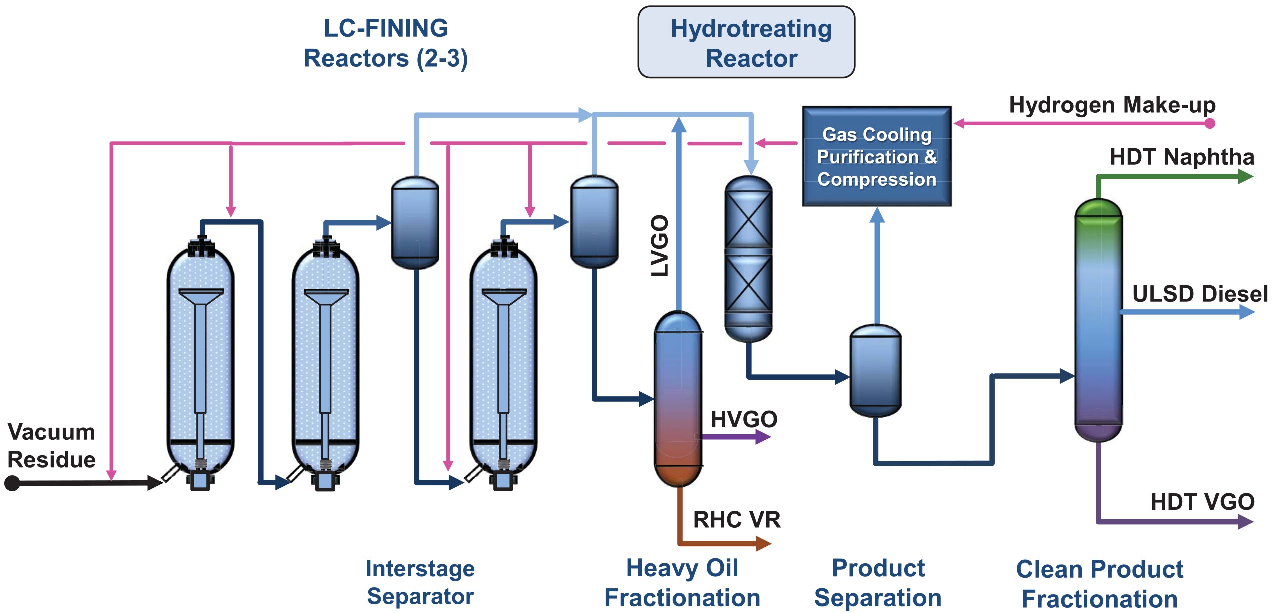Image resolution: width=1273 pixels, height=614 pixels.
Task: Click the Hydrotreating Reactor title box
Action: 746,42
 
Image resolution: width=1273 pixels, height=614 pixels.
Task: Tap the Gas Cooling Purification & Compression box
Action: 876,156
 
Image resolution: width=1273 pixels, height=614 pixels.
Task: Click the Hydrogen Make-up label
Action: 1112,105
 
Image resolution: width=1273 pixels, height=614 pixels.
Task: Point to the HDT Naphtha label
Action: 1181,157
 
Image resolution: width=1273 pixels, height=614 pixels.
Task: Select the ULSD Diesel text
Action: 1199,294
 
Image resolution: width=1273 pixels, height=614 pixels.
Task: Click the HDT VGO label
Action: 1202,502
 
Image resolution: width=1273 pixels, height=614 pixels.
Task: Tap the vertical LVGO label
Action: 660,245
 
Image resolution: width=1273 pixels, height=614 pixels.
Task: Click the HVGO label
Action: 744,419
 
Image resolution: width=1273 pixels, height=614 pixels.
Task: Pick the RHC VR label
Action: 736,520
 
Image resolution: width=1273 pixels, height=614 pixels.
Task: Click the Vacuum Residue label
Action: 51,445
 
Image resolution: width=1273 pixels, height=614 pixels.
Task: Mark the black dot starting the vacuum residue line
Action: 12,483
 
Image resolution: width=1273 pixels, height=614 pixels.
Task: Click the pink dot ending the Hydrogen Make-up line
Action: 1210,123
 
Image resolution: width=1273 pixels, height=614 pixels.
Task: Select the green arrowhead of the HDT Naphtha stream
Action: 1245,176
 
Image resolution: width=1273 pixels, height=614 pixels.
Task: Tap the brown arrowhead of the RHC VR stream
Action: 763,543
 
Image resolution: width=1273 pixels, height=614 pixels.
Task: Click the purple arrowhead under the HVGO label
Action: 763,437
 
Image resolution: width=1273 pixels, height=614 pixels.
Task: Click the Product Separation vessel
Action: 875,370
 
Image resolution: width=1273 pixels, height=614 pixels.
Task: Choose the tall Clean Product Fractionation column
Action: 1098,320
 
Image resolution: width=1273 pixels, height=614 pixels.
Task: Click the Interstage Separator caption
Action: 420,582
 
